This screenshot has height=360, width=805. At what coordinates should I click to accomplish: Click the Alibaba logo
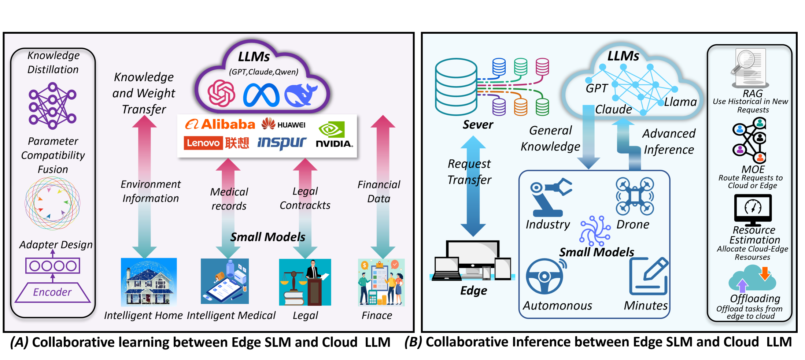point(220,125)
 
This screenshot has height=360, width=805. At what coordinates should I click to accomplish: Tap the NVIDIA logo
point(334,134)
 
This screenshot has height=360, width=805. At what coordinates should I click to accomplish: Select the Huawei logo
point(283,124)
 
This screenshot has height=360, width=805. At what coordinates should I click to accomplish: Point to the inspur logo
point(282,142)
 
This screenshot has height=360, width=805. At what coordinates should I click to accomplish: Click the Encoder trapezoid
point(52,292)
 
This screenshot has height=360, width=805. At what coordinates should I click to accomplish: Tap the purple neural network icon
point(52,106)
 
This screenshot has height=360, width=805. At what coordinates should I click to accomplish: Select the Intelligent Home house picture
point(149,282)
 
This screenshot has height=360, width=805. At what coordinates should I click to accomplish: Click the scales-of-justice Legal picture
point(305,282)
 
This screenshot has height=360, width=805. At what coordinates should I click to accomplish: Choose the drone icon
point(635,196)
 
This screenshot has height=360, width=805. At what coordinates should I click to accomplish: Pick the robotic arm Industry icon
point(550,197)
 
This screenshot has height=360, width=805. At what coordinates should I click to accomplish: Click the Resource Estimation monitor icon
point(753,210)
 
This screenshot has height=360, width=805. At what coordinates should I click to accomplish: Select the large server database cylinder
point(456,87)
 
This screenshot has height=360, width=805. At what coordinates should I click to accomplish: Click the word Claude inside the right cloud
point(613,109)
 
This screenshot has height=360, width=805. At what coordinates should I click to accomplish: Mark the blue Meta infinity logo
point(261,95)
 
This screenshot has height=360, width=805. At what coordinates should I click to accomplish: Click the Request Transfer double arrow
point(473,186)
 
